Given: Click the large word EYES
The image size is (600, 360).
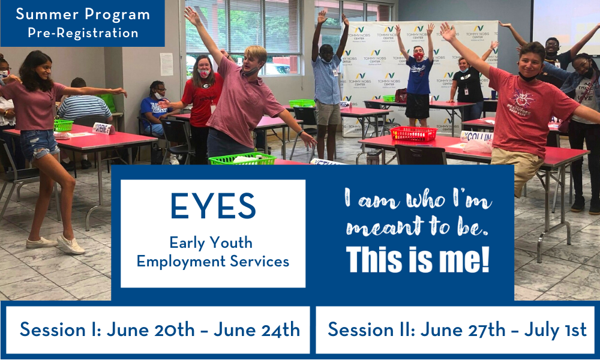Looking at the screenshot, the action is (213, 206).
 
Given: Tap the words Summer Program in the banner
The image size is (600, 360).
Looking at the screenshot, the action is (83, 14).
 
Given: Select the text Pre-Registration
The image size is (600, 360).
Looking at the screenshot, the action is (83, 33).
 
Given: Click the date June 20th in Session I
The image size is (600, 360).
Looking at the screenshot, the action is (151, 329).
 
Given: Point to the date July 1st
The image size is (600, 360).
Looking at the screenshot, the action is (555, 329).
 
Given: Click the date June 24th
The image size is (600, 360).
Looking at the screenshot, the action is (257, 329).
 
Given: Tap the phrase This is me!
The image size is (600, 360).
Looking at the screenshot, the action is (418, 259).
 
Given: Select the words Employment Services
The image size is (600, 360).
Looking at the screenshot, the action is (213, 262).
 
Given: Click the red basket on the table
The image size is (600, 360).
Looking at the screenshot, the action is (413, 134).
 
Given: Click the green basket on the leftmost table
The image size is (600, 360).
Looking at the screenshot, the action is (64, 125).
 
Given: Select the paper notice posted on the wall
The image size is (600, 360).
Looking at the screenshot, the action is (166, 64).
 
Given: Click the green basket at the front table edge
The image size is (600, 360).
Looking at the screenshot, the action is (242, 158).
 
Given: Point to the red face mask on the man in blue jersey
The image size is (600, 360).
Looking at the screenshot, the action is (419, 56).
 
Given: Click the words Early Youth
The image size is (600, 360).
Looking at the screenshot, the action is (211, 242).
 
